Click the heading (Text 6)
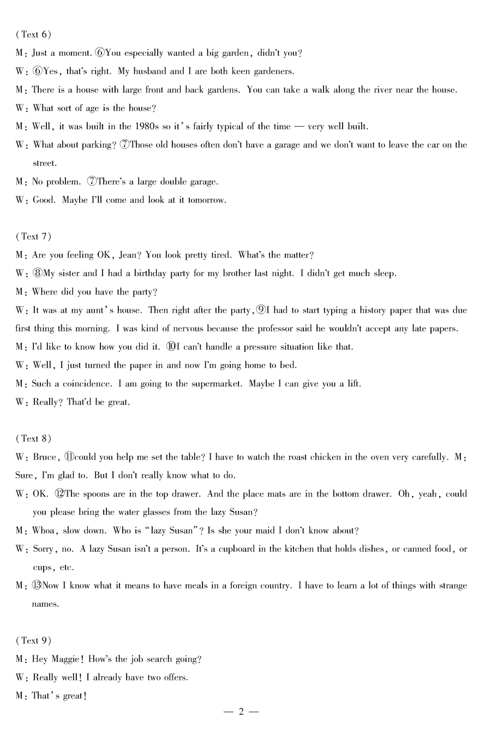[34, 34]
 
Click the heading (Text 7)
[34, 236]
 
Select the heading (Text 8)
[34, 438]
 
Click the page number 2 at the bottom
[241, 711]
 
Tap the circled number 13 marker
[37, 586]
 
